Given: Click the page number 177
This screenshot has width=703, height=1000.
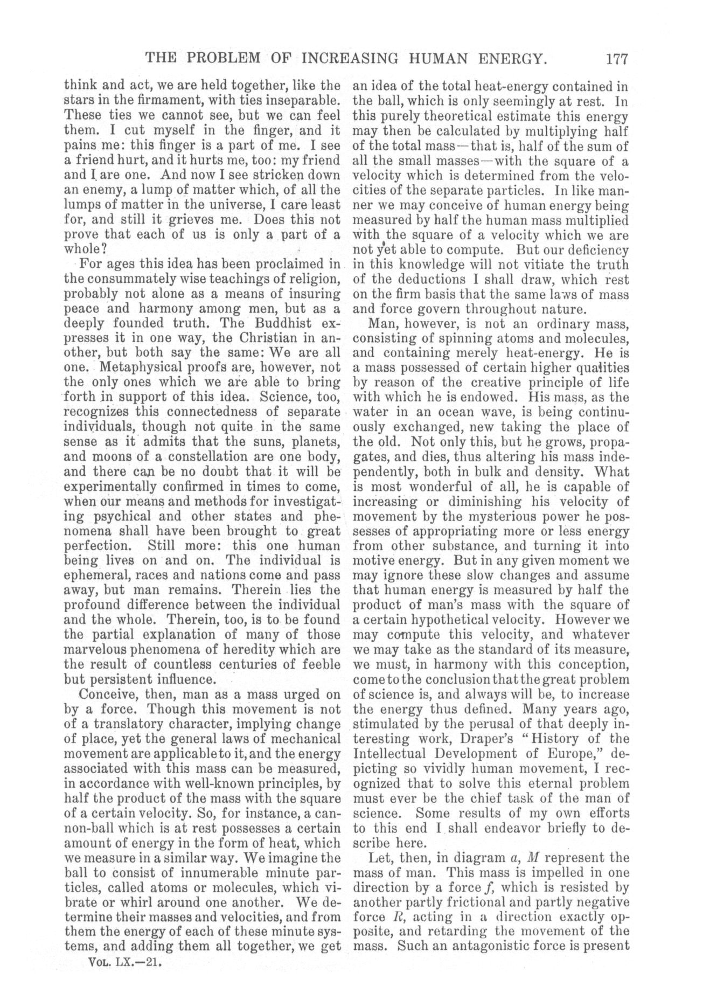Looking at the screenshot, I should [x=616, y=58].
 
